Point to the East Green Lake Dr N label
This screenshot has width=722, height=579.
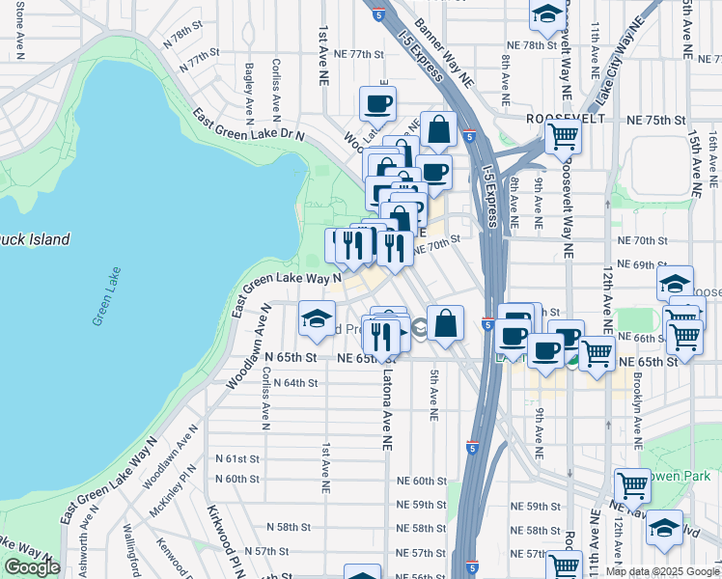(x=248, y=126)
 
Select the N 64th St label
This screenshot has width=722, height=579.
(x=294, y=383)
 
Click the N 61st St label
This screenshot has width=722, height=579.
(x=237, y=458)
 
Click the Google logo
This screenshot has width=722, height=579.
(x=32, y=567)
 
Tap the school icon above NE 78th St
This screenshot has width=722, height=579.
(x=547, y=15)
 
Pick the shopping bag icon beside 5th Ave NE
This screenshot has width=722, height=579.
(x=445, y=323)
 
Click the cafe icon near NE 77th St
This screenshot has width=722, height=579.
(x=377, y=104)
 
